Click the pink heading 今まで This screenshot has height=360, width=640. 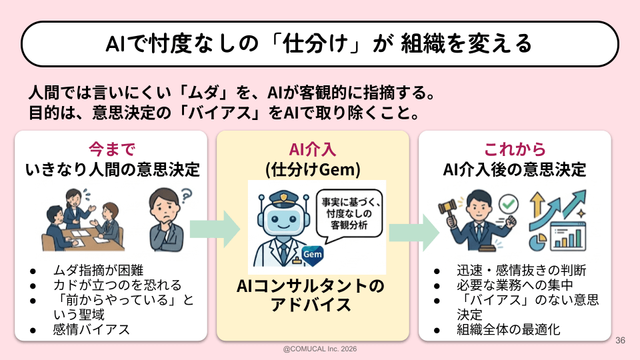(112, 149)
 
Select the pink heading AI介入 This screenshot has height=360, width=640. (313, 149)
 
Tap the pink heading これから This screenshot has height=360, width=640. (514, 149)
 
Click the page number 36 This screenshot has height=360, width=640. (621, 340)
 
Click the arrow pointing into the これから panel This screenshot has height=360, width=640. (414, 229)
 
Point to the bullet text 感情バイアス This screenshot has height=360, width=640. (91, 329)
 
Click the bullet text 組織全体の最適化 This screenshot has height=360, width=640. (509, 329)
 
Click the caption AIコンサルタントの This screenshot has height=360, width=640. (311, 286)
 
